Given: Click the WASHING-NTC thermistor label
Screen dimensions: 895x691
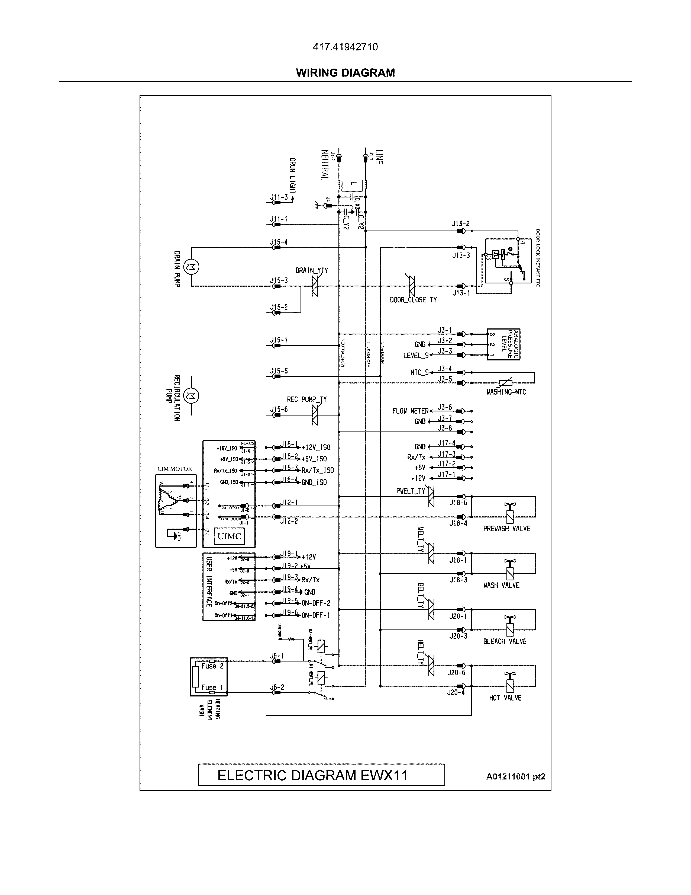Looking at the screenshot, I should tap(506, 392).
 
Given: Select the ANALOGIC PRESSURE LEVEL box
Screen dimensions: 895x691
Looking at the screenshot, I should tap(503, 344).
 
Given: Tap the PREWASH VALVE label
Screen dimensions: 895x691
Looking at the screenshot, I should tap(506, 529).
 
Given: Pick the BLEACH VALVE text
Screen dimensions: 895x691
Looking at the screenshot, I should tap(505, 641).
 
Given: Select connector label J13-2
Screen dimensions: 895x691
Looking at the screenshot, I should tap(460, 224).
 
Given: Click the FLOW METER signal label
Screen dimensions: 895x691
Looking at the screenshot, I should tap(410, 411).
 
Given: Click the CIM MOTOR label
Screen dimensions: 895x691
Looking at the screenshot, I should tap(175, 469).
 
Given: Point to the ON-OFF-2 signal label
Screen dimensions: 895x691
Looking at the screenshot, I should tap(316, 603).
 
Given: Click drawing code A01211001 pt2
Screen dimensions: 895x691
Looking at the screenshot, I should tap(515, 776).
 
